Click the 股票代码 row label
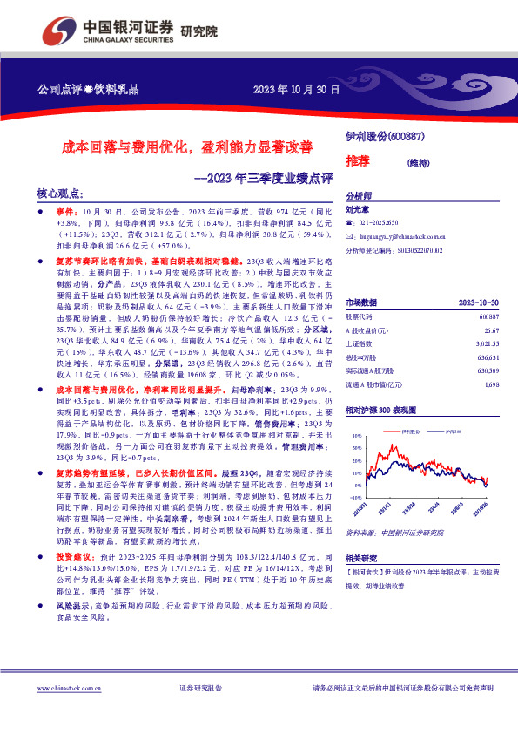tap(361, 293)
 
